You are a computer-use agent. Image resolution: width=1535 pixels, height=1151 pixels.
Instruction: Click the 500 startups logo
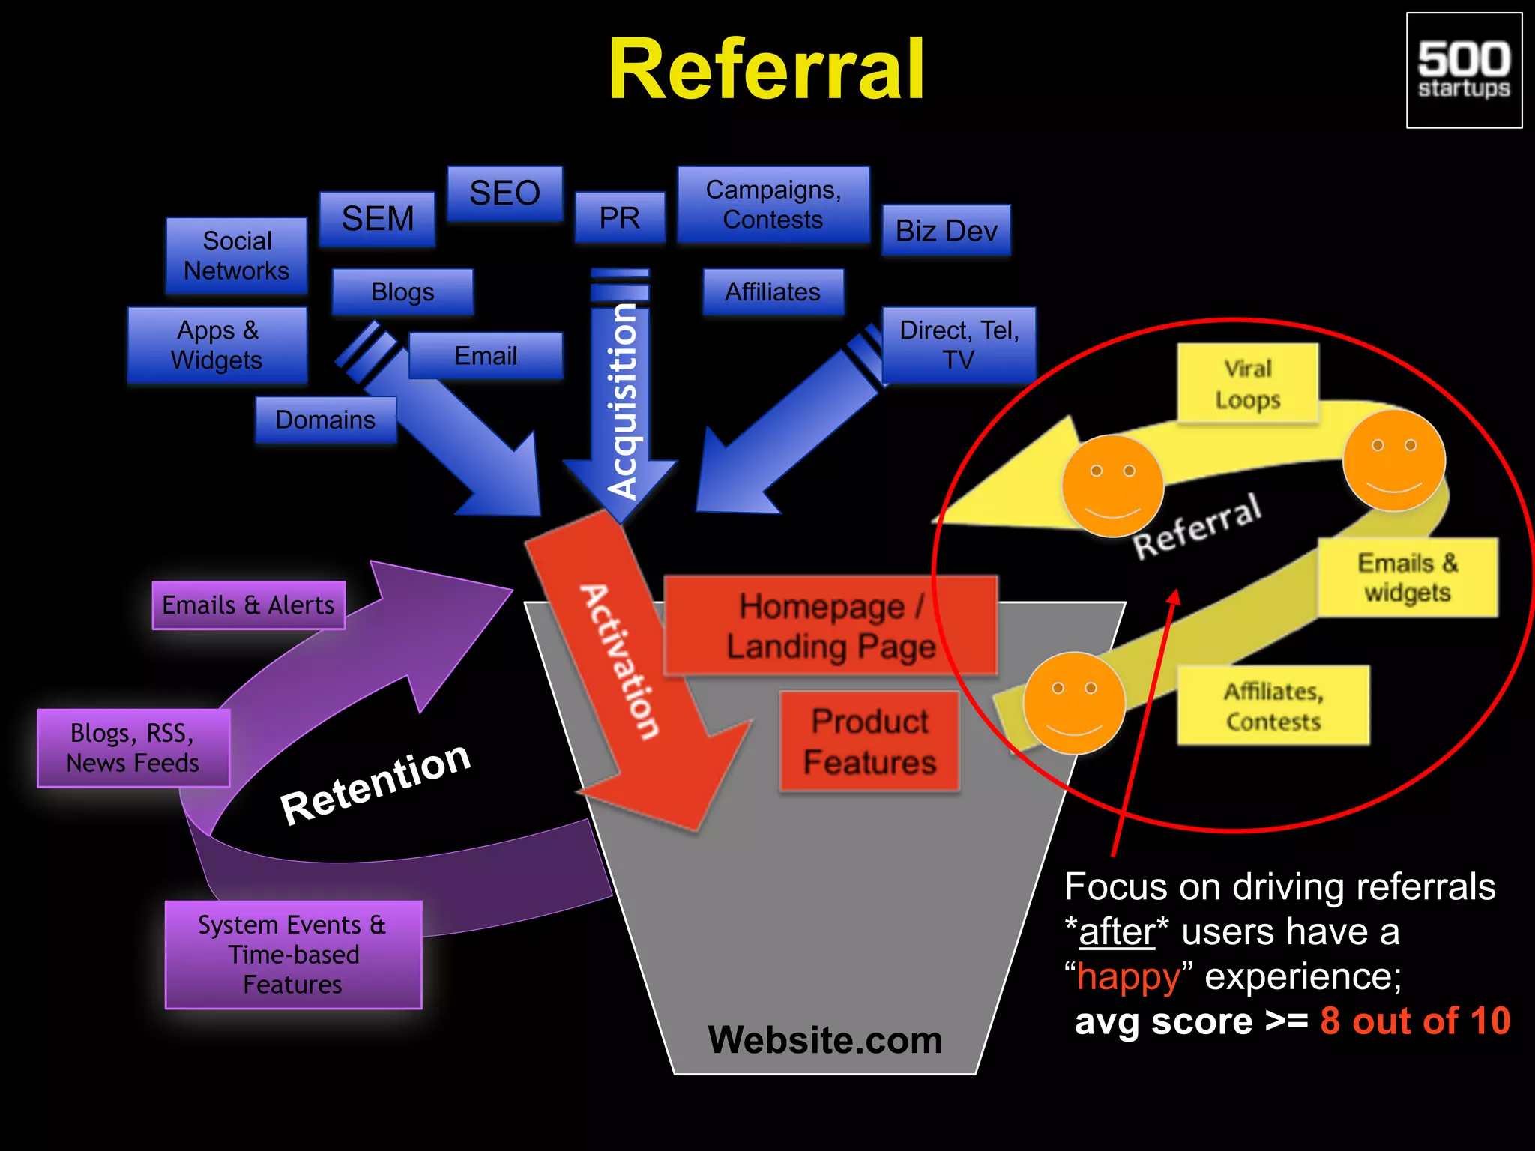pyautogui.click(x=1464, y=70)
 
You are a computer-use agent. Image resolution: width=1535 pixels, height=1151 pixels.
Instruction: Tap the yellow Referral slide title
pyautogui.click(x=766, y=69)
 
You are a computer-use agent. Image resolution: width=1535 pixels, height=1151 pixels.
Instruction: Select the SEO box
pyautogui.click(x=504, y=193)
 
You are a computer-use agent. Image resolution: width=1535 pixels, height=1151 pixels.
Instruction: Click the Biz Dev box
pyautogui.click(x=946, y=231)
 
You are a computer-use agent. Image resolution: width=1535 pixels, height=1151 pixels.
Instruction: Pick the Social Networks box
pyautogui.click(x=236, y=256)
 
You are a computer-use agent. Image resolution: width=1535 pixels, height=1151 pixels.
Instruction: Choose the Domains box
pyautogui.click(x=325, y=420)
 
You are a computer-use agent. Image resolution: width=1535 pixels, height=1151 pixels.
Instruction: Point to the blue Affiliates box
pyautogui.click(x=773, y=291)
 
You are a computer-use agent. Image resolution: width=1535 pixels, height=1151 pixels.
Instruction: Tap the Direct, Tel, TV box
pyautogui.click(x=959, y=345)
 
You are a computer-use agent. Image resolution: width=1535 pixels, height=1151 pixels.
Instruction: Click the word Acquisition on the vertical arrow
pyautogui.click(x=621, y=401)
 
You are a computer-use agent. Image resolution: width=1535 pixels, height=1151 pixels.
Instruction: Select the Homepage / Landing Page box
pyautogui.click(x=830, y=626)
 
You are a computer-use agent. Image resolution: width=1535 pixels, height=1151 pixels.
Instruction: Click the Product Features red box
pyautogui.click(x=869, y=741)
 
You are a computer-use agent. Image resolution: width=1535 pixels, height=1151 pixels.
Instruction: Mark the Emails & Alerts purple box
pyautogui.click(x=248, y=605)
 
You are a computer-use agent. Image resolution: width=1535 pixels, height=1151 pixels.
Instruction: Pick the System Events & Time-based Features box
pyautogui.click(x=293, y=955)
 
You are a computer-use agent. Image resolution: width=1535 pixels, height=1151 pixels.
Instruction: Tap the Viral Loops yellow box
pyautogui.click(x=1247, y=384)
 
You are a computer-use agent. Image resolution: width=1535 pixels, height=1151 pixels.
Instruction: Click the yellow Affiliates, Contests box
pyautogui.click(x=1273, y=705)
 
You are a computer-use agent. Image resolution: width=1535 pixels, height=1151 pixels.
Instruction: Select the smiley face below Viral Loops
pyautogui.click(x=1393, y=460)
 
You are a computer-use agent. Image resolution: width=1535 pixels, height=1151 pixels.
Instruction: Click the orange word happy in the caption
pyautogui.click(x=1128, y=977)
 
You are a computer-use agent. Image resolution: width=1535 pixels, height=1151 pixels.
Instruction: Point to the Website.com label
pyautogui.click(x=824, y=1040)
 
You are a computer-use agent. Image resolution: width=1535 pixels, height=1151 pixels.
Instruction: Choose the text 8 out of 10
pyautogui.click(x=1414, y=1021)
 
